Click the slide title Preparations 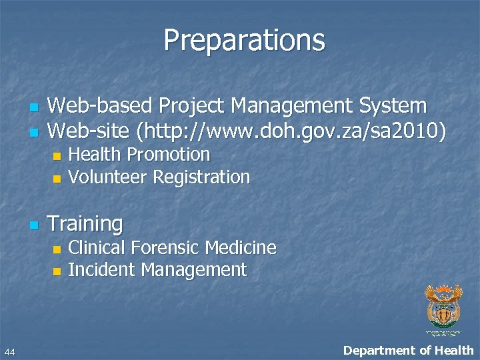[244, 40]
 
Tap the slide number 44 [9, 351]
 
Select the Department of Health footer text [408, 351]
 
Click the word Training [85, 224]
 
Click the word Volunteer [108, 177]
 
